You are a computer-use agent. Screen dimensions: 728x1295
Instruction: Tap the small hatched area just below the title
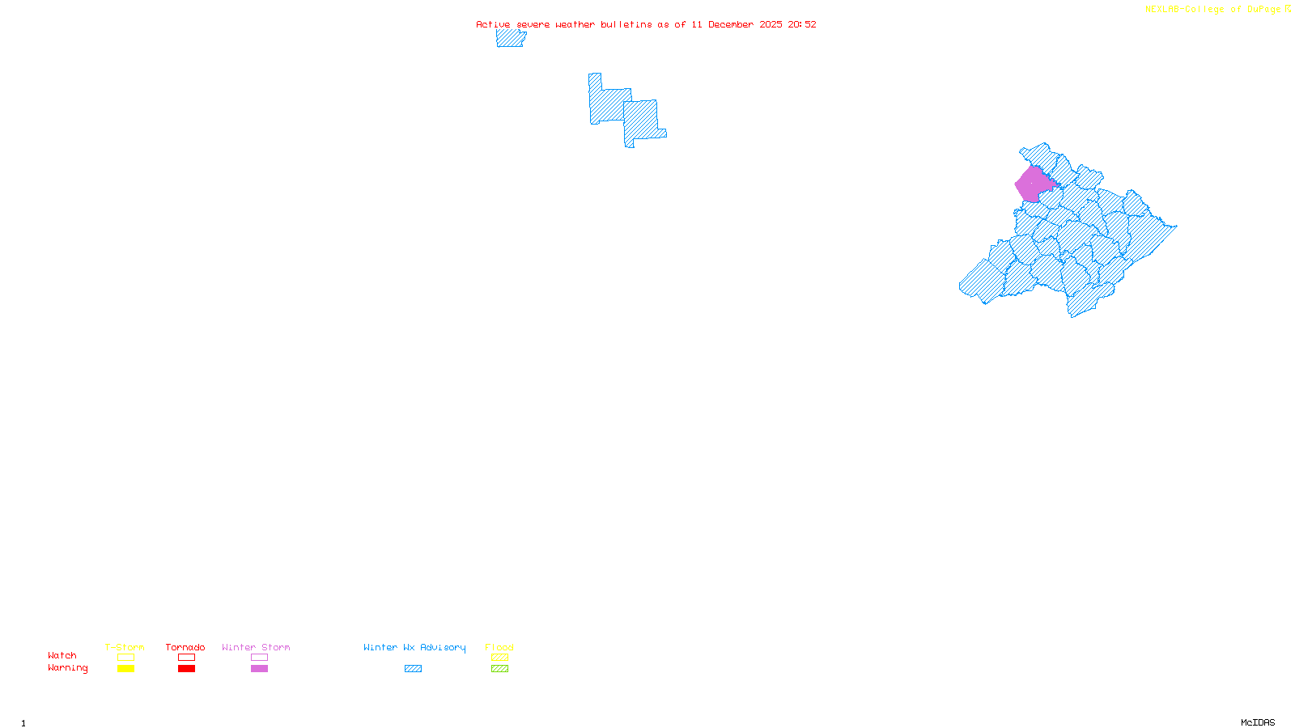[511, 38]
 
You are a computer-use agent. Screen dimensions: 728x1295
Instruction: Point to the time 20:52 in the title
[802, 24]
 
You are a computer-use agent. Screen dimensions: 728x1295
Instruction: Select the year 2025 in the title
[771, 24]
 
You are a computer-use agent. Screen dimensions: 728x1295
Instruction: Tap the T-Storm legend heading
[125, 647]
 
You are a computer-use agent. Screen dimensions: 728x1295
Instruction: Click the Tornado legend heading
[185, 647]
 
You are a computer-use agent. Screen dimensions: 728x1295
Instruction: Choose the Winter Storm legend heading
[256, 647]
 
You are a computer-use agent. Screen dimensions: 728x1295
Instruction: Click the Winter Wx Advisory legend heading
[414, 647]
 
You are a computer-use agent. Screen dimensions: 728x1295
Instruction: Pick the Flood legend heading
[499, 647]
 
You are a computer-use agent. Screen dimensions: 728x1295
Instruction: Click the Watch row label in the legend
[62, 655]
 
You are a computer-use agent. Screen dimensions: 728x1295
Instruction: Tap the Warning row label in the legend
[68, 668]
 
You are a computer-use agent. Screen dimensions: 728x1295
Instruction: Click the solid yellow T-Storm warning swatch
[125, 669]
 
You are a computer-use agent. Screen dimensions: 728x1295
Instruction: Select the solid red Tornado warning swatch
[186, 669]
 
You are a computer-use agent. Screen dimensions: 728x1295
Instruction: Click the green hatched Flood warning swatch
[499, 669]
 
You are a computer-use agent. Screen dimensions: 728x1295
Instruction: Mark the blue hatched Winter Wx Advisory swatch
[413, 669]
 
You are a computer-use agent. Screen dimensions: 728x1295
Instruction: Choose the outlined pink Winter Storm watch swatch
[259, 658]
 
